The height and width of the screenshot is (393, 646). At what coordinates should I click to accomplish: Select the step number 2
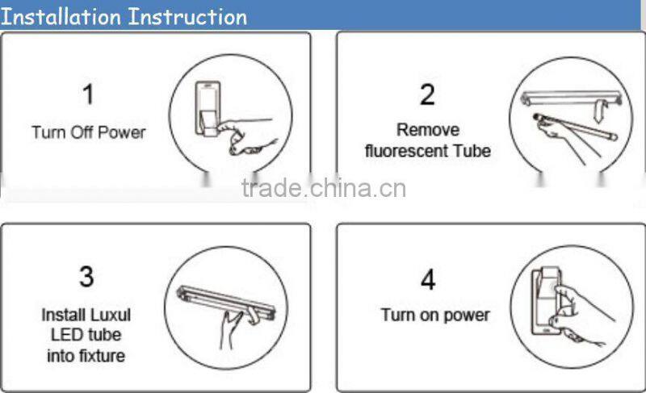[427, 94]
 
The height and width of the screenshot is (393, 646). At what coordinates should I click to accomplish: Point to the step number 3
[86, 277]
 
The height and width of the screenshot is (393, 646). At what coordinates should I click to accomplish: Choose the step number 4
[427, 280]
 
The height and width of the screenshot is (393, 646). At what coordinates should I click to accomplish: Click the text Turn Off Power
[89, 132]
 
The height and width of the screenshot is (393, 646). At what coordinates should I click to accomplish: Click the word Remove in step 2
[428, 130]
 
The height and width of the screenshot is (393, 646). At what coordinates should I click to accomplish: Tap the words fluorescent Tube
[427, 151]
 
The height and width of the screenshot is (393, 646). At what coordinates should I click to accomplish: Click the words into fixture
[86, 354]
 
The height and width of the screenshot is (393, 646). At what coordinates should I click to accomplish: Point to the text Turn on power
[435, 314]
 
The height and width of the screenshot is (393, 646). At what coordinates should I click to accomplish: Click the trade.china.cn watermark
[323, 189]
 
